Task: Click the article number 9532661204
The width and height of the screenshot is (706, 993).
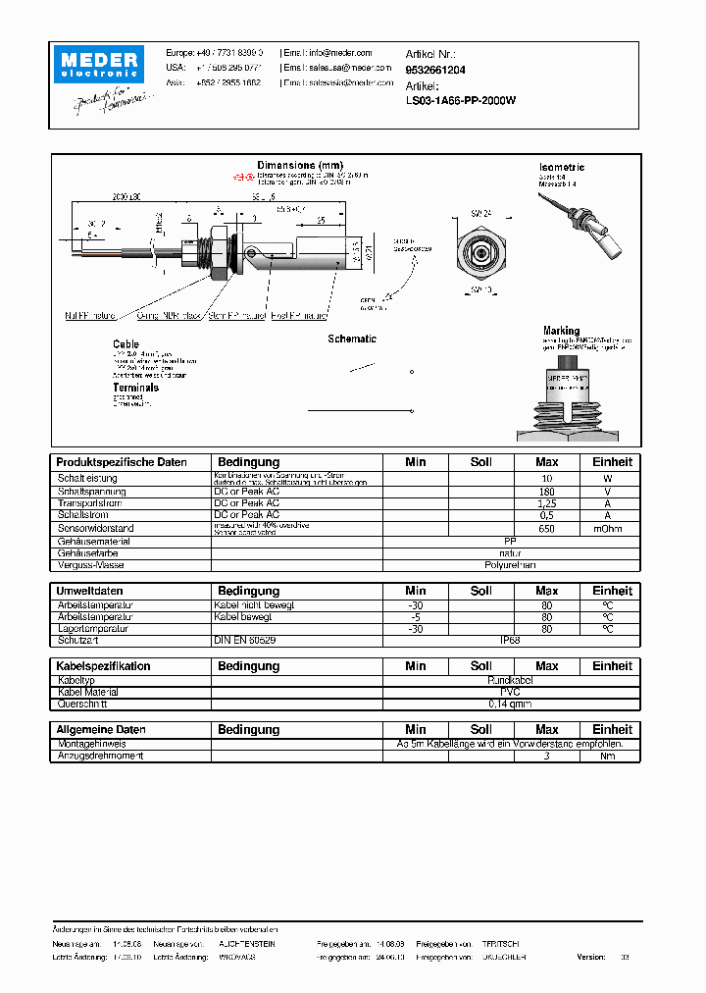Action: point(435,71)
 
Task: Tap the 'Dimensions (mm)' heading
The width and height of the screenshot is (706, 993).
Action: point(300,165)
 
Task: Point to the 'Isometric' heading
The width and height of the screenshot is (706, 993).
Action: point(562,168)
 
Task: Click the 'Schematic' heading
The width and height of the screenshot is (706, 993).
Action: point(352,339)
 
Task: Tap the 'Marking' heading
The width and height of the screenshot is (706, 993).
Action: point(561,331)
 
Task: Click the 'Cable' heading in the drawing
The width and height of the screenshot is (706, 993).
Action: point(126,344)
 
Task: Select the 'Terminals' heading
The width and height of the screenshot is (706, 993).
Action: point(135,388)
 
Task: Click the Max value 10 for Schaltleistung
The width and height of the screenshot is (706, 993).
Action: point(546,478)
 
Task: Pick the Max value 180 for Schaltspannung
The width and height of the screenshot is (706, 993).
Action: point(546,491)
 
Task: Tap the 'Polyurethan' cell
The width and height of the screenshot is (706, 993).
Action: point(510,565)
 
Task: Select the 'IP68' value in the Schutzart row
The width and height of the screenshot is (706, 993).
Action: point(510,640)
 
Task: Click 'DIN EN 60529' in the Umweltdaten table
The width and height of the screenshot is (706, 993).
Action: point(246,640)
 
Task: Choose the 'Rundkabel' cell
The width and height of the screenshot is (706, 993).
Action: point(510,679)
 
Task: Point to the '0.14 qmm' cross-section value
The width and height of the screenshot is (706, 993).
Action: point(510,704)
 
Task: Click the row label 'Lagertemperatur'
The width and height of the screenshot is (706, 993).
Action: point(93,628)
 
